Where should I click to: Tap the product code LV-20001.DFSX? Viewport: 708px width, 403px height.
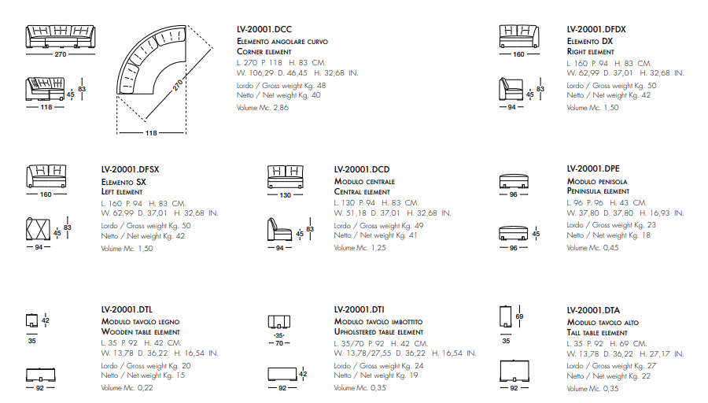click(x=130, y=169)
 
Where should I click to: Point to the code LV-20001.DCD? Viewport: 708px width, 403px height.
click(x=362, y=169)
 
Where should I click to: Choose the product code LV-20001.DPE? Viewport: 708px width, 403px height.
click(x=593, y=168)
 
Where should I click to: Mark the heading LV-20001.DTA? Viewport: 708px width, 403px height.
click(x=594, y=310)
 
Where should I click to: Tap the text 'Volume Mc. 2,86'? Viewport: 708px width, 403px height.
click(x=263, y=108)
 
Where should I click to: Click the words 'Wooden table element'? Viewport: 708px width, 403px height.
click(x=140, y=332)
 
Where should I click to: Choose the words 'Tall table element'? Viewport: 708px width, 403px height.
click(x=597, y=332)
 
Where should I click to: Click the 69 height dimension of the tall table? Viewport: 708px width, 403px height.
click(x=518, y=316)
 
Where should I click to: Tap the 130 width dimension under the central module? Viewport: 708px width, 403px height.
click(x=285, y=195)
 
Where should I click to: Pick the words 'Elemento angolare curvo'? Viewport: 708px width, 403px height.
click(x=282, y=41)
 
